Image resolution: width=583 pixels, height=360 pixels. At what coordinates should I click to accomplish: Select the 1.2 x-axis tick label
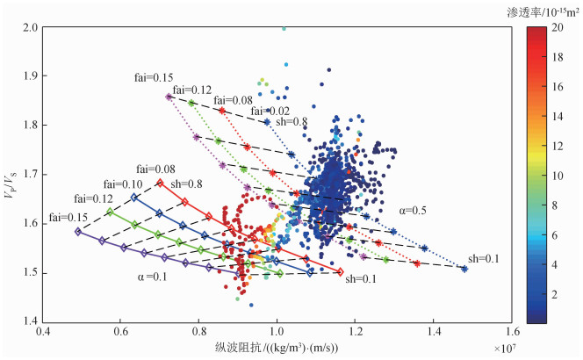click(x=356, y=333)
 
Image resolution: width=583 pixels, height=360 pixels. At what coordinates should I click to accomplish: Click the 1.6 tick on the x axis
click(x=512, y=333)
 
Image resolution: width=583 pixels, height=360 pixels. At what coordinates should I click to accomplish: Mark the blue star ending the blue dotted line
click(x=464, y=269)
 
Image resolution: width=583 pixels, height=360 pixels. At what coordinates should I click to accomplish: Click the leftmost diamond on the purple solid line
click(x=78, y=232)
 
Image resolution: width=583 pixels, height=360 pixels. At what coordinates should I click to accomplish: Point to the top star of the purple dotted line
click(x=167, y=97)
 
